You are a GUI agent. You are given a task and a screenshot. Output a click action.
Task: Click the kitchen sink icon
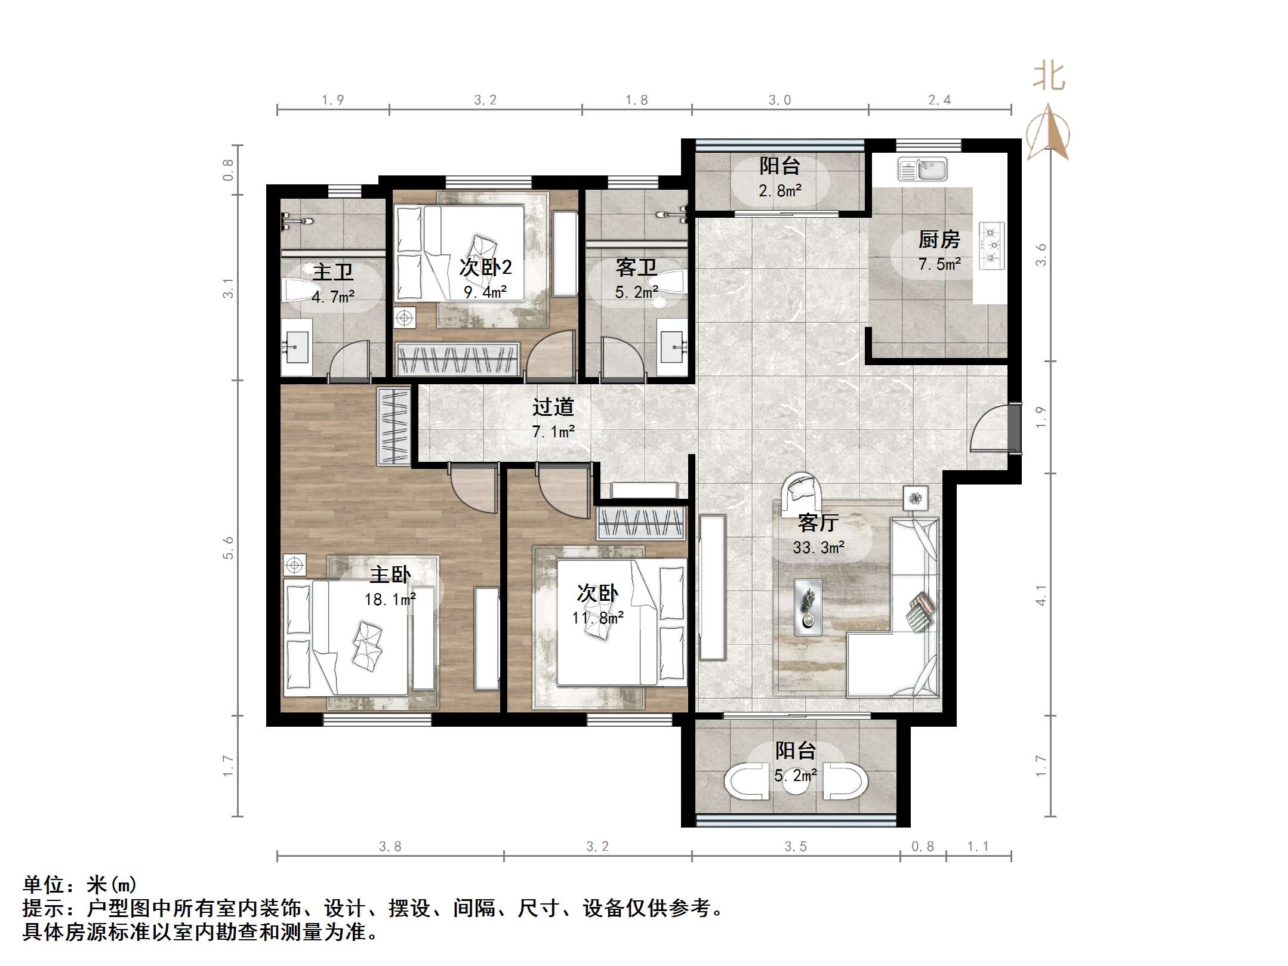click(x=922, y=169)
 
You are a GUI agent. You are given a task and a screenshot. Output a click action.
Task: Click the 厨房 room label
click(x=939, y=240)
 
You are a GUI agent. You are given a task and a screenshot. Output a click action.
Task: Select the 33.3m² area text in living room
click(x=818, y=547)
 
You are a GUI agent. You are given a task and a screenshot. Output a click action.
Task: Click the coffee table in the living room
click(x=808, y=606)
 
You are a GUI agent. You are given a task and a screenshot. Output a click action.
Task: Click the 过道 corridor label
click(x=553, y=407)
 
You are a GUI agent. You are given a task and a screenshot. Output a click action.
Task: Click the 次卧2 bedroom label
click(x=485, y=267)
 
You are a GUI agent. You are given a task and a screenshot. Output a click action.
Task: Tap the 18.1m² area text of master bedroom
click(x=390, y=598)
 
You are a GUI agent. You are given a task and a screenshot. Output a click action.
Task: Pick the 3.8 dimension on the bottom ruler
click(x=390, y=846)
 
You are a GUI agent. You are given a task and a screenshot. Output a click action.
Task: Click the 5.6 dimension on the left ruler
click(x=228, y=548)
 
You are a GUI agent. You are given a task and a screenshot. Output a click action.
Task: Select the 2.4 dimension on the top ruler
click(x=939, y=100)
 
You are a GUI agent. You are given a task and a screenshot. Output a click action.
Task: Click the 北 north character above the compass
click(x=1049, y=77)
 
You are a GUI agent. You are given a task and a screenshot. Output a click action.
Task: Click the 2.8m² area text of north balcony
click(x=779, y=191)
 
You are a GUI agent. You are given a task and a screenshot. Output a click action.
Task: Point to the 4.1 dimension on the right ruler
click(x=1040, y=595)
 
